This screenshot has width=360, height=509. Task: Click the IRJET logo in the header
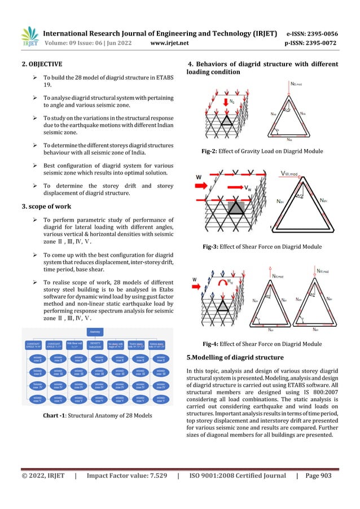[30, 36]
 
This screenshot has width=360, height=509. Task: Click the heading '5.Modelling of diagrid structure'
[235, 357]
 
